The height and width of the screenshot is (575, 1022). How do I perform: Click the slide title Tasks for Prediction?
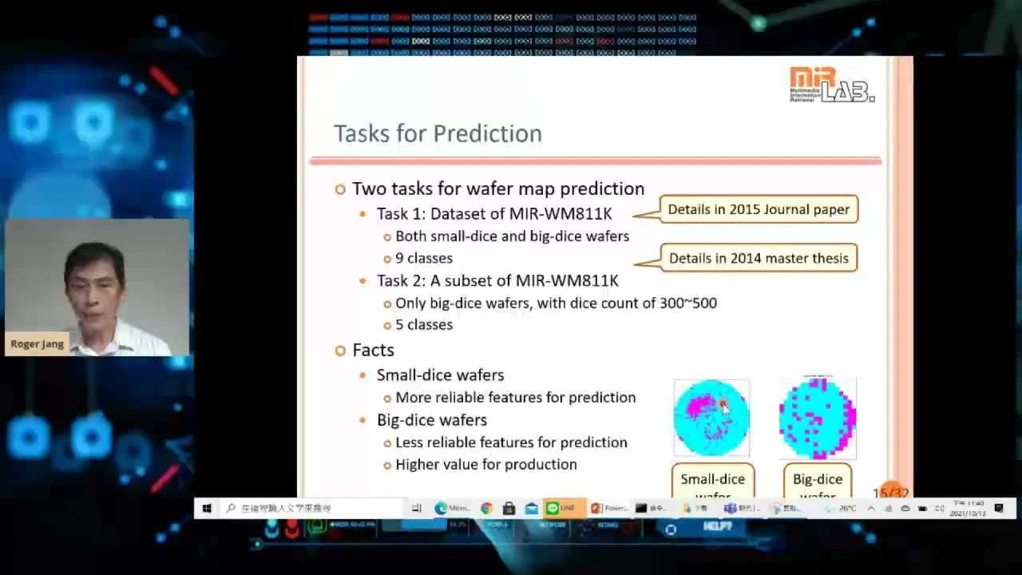pos(438,133)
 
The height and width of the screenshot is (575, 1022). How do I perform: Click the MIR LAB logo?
pos(831,85)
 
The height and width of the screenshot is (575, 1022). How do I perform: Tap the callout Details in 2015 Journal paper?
pos(758,209)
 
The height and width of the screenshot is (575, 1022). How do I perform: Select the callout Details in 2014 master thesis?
pos(758,258)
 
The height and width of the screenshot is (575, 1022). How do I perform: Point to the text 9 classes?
pos(423,258)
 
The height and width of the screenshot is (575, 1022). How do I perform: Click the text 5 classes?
pos(423,324)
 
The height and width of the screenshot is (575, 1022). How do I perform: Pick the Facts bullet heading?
pos(373,350)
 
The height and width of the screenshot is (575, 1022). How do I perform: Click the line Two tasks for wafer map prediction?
pos(497,188)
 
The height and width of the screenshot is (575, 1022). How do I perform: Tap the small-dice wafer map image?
pos(711,418)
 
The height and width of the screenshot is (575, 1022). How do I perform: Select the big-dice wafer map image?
pos(817,418)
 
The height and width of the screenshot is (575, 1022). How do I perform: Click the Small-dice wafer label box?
pos(712,481)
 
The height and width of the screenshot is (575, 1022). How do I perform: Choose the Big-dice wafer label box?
pos(817,481)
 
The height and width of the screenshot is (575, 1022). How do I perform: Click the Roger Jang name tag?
pos(37,344)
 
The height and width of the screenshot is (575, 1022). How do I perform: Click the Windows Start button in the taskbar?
pos(206,508)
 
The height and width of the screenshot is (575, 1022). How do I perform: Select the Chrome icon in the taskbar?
pos(486,508)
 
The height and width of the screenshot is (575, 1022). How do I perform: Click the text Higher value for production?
pos(485,464)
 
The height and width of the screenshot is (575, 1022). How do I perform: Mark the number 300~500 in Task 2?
pos(687,303)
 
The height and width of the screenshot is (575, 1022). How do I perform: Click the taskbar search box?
pos(311,508)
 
